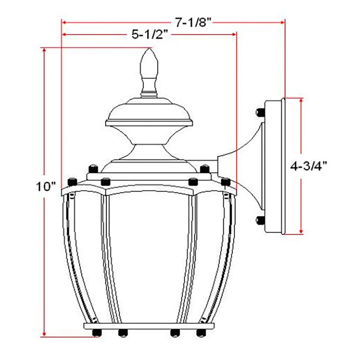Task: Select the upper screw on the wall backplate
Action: [x=260, y=112]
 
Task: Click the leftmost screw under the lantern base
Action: [x=96, y=332]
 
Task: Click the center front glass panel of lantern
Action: [x=149, y=256]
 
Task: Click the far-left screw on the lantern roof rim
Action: [x=72, y=181]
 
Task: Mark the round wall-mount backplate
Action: [x=274, y=166]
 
